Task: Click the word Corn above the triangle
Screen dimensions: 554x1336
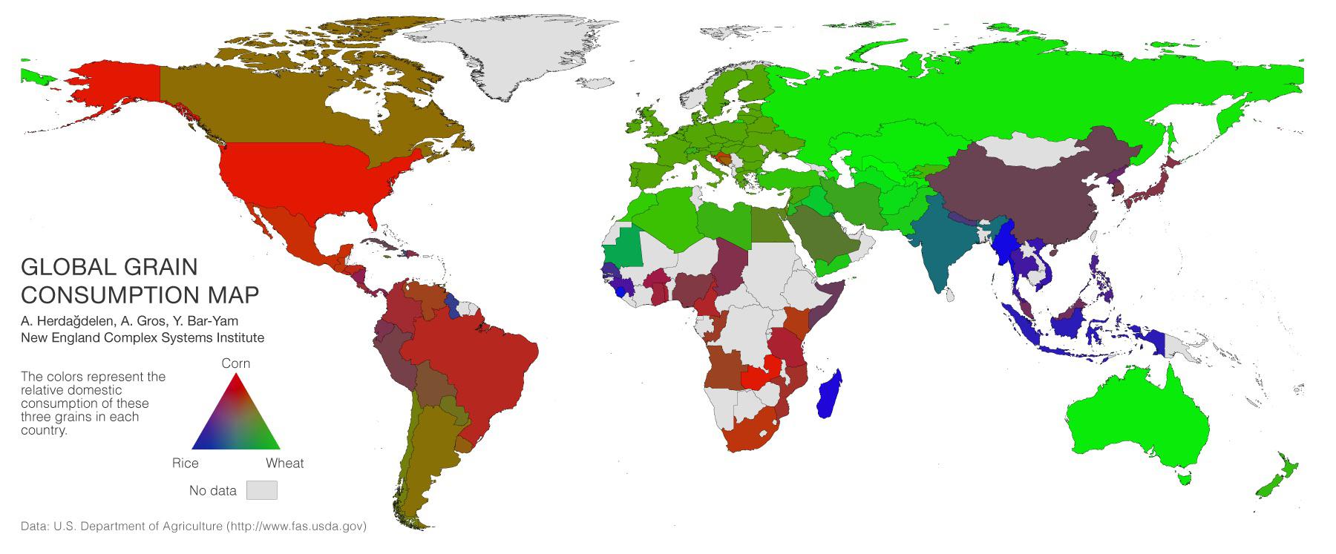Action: (236, 363)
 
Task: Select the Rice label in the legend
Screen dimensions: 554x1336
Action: (186, 464)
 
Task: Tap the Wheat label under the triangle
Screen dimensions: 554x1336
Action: (285, 464)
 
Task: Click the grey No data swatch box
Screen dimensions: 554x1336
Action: (262, 490)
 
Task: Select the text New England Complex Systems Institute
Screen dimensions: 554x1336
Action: (143, 337)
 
